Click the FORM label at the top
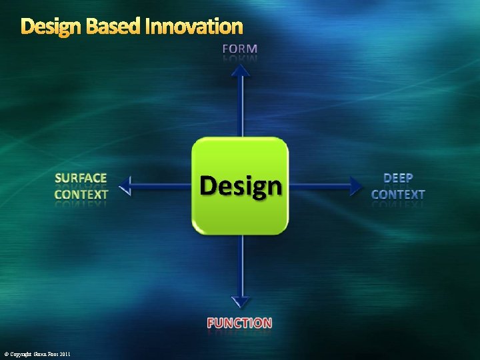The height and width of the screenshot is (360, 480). (x=240, y=49)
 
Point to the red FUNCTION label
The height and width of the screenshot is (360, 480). (x=239, y=323)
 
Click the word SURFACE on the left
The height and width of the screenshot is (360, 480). (x=81, y=178)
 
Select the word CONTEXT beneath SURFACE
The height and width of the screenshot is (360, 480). (x=81, y=195)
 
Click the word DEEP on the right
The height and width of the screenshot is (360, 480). (x=398, y=178)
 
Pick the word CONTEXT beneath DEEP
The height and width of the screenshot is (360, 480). (x=398, y=195)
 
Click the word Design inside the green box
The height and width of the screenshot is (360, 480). (x=241, y=186)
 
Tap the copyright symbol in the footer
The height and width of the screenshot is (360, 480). (x=6, y=354)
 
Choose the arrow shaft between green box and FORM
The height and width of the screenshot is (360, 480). (x=241, y=107)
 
